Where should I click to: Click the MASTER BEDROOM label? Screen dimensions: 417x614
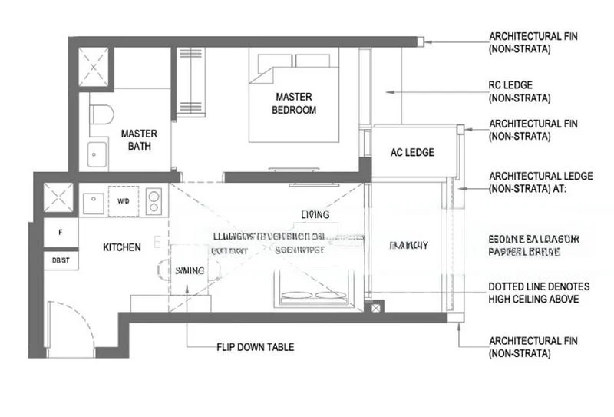(x=294, y=103)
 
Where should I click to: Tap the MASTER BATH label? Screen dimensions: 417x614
(x=139, y=139)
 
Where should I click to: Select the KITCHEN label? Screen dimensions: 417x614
(x=123, y=247)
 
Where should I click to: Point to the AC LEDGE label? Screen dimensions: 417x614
(x=412, y=152)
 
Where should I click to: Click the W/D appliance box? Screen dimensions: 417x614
(x=124, y=201)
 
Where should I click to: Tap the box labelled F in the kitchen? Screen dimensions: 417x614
(x=59, y=230)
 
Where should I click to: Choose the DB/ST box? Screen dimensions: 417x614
(x=59, y=260)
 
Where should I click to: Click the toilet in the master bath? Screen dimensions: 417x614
(x=101, y=115)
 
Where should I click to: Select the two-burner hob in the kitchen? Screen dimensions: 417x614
(x=155, y=201)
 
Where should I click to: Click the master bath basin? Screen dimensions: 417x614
(x=97, y=154)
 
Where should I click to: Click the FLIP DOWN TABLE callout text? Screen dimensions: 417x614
(x=255, y=347)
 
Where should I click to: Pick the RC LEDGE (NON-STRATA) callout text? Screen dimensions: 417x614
(x=521, y=91)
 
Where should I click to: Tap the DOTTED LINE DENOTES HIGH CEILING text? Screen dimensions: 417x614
(x=533, y=293)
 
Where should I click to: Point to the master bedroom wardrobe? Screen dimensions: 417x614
(x=189, y=81)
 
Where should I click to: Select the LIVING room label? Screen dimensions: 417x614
(x=315, y=214)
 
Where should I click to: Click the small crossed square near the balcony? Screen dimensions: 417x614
(x=375, y=309)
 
